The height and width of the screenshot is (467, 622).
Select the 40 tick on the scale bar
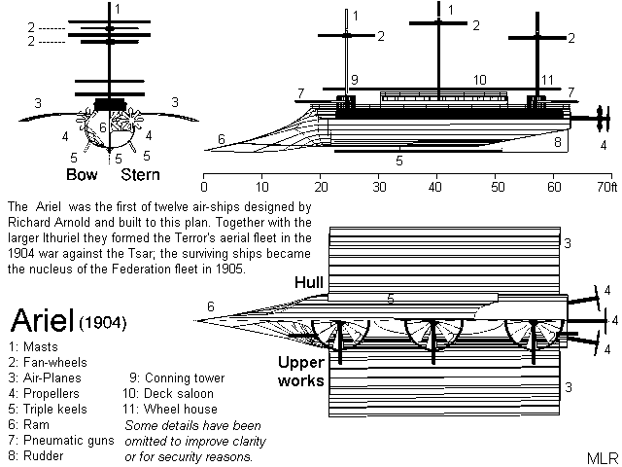coord(437,185)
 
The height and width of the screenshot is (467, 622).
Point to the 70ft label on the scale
coord(605,185)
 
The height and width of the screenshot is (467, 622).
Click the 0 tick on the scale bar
coord(204,185)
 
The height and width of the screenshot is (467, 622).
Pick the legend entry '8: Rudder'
coord(36,454)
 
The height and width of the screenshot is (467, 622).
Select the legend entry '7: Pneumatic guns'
coord(59,441)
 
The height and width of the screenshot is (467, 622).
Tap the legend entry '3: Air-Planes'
coord(45,378)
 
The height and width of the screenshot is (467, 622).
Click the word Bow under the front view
coord(82,176)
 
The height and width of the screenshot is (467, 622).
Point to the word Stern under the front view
coord(140,176)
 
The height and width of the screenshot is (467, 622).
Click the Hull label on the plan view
coord(310,281)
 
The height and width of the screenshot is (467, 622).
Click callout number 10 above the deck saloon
coord(480,79)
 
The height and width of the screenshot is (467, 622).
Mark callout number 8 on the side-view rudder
coord(558,143)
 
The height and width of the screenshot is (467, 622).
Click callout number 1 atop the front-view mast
coord(118,9)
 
